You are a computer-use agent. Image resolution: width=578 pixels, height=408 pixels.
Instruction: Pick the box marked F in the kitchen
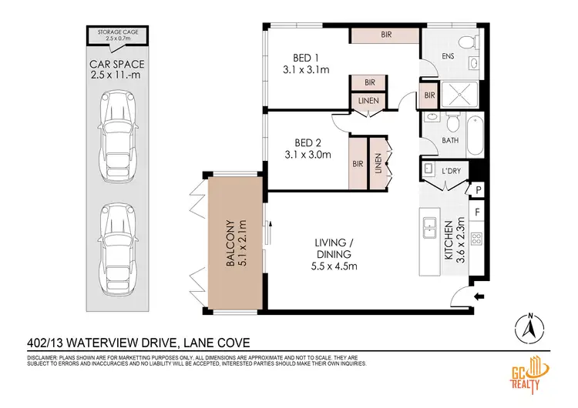(478, 210)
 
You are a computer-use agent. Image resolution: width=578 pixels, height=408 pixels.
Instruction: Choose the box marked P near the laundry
(478, 189)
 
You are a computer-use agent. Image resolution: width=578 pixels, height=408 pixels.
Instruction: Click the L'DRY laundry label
(452, 170)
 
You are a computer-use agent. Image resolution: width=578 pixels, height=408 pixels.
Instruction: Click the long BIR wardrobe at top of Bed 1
(385, 35)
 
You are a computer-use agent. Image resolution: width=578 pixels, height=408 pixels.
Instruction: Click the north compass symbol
(529, 329)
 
